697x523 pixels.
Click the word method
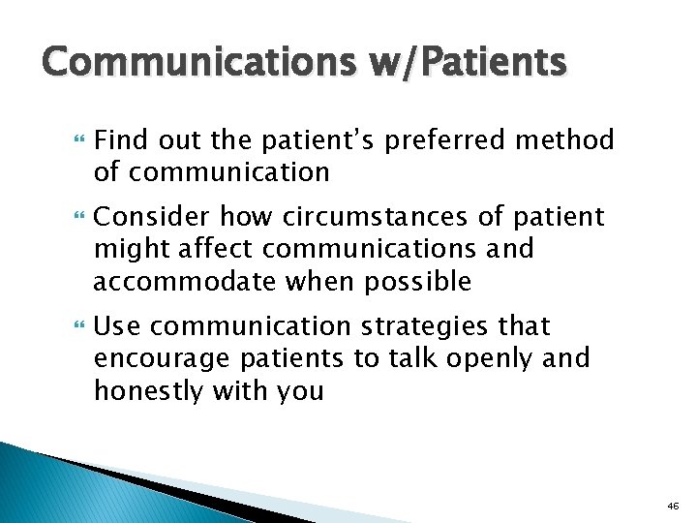pos(564,141)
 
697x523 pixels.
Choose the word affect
pos(216,249)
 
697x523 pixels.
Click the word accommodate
pos(182,281)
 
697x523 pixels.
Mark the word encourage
pos(161,358)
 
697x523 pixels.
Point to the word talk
pos(399,358)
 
